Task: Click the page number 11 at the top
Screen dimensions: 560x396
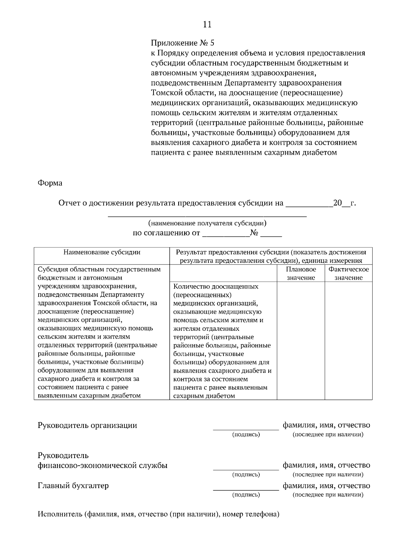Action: (207, 25)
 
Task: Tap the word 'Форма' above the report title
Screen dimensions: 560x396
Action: (50, 183)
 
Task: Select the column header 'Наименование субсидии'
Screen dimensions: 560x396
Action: (102, 253)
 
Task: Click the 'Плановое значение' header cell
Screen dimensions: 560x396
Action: (301, 273)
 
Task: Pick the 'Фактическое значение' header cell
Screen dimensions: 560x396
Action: (348, 273)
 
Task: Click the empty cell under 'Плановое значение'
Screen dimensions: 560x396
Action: (301, 340)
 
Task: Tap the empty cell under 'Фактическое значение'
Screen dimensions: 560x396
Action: (348, 340)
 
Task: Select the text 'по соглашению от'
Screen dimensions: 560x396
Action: (166, 233)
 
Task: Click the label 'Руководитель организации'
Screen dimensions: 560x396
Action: (87, 425)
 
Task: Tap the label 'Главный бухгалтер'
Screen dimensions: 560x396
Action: (73, 486)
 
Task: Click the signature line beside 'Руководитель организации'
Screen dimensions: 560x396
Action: (246, 429)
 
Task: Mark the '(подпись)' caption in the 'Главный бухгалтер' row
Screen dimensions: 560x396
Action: (246, 495)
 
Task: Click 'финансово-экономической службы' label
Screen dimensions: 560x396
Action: (103, 466)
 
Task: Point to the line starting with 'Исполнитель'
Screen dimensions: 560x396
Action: (158, 514)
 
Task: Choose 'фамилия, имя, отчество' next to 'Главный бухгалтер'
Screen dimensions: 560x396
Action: (326, 486)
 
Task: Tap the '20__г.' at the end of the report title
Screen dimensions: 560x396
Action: (344, 203)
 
